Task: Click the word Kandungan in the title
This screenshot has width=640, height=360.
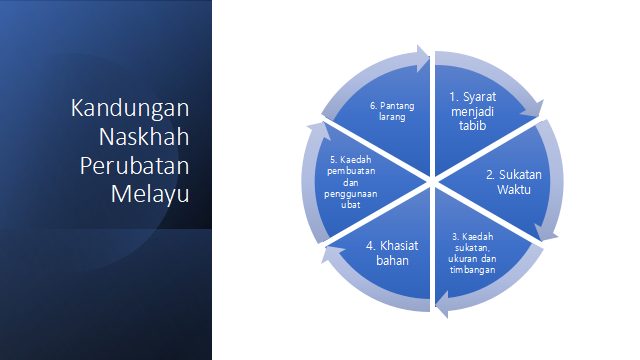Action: [x=130, y=109]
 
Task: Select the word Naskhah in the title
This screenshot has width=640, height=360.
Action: [x=144, y=136]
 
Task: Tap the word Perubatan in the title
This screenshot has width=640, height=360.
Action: [x=135, y=166]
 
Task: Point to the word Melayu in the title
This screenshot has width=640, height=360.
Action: [x=150, y=194]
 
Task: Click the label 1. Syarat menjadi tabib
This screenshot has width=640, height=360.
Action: [x=473, y=111]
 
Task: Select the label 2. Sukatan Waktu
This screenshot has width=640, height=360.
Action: [x=513, y=182]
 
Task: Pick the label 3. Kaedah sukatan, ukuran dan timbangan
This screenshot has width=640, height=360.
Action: [x=472, y=253]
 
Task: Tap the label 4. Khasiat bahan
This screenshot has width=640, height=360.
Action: [x=392, y=253]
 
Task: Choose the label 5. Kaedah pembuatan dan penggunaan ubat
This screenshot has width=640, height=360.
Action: [x=351, y=182]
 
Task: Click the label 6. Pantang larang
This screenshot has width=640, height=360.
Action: [x=392, y=111]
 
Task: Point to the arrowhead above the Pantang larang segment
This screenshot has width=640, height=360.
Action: [x=423, y=58]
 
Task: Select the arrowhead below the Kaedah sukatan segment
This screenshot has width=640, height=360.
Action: [x=442, y=304]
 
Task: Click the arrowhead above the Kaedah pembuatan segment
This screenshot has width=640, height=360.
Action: [x=319, y=130]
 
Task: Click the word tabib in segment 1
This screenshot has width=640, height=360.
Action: [x=473, y=125]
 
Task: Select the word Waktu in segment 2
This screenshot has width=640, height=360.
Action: [x=514, y=189]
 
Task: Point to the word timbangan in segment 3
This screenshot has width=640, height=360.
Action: [x=473, y=270]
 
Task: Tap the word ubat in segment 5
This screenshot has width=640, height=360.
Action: [x=351, y=205]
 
